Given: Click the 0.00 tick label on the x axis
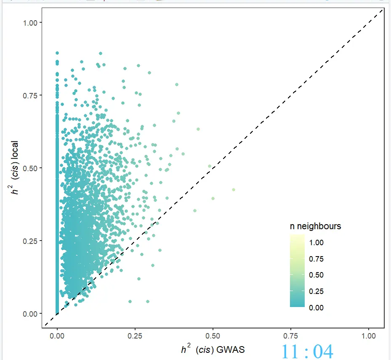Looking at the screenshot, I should pos(57,336).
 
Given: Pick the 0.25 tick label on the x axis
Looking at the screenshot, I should pos(135,336).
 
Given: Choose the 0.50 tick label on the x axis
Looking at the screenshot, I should pos(213,336).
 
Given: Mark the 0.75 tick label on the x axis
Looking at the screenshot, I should pos(291,336).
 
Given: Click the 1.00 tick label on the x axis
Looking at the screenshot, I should pos(369,336).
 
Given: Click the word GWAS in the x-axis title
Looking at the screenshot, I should pos(232,349).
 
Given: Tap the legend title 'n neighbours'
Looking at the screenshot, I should pos(315,226).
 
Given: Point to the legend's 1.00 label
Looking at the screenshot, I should pos(316,243).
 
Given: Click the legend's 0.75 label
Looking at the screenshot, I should pos(316,259).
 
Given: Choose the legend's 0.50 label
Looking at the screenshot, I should pos(316,275).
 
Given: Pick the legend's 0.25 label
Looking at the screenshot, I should pos(316,291).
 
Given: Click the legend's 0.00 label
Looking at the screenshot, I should pos(316,308).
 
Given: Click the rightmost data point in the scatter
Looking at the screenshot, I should pos(234,190).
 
